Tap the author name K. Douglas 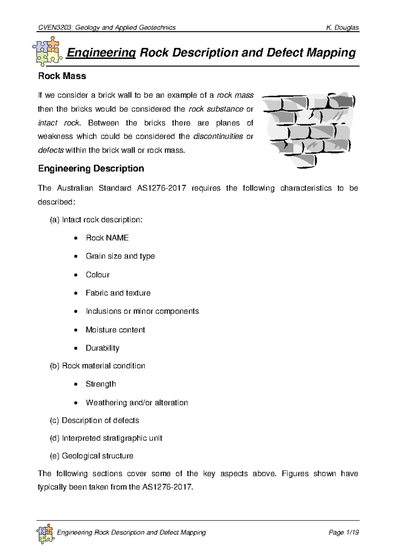point(342,28)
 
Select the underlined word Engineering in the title point(101,53)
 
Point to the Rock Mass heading point(62,76)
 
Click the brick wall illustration point(308,130)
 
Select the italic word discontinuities point(218,137)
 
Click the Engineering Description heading point(91,169)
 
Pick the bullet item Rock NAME point(107,238)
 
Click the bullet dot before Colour point(76,275)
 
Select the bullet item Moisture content point(115,330)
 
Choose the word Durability point(102,348)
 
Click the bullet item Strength point(101,384)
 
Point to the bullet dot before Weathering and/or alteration point(76,403)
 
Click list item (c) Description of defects point(94,420)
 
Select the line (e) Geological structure point(91,456)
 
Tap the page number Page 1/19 point(344,532)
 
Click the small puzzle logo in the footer point(45,533)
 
